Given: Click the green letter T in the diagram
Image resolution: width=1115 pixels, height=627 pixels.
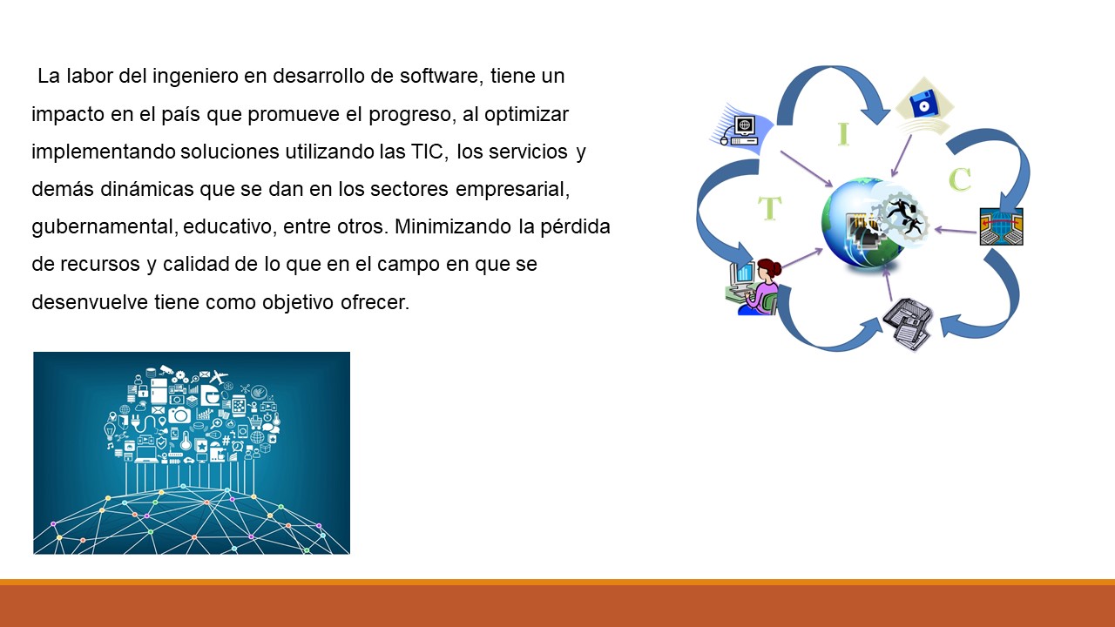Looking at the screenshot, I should pyautogui.click(x=770, y=209).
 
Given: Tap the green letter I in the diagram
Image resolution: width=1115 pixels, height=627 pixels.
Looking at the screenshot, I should pyautogui.click(x=842, y=134).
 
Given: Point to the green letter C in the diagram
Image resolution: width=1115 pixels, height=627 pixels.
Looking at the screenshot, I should pyautogui.click(x=959, y=179).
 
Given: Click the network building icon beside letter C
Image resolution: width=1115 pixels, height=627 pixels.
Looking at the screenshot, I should pyautogui.click(x=1000, y=226).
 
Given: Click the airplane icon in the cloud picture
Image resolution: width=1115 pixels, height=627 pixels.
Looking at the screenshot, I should pyautogui.click(x=218, y=377).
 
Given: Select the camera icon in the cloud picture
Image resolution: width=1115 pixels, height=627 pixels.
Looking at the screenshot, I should pyautogui.click(x=179, y=415).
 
